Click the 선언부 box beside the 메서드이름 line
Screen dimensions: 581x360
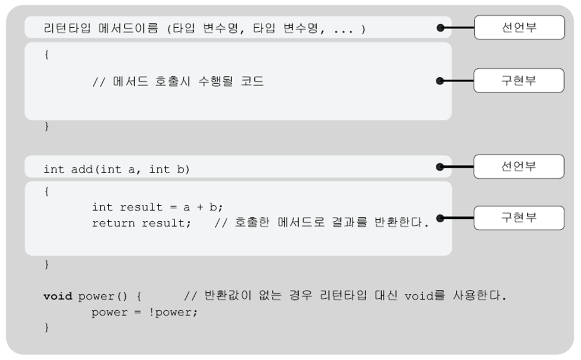(x=519, y=27)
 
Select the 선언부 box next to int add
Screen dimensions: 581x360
(x=518, y=166)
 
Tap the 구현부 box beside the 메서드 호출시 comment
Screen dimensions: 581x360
(x=518, y=80)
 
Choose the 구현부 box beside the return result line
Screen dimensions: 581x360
(x=518, y=217)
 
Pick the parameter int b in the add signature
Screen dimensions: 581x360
(x=167, y=169)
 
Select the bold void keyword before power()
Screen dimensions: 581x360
(x=57, y=296)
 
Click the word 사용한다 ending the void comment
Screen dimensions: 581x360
(x=480, y=296)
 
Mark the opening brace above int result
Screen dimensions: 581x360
(x=46, y=192)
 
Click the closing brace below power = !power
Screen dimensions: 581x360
(x=46, y=328)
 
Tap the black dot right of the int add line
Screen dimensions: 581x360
(x=440, y=167)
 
